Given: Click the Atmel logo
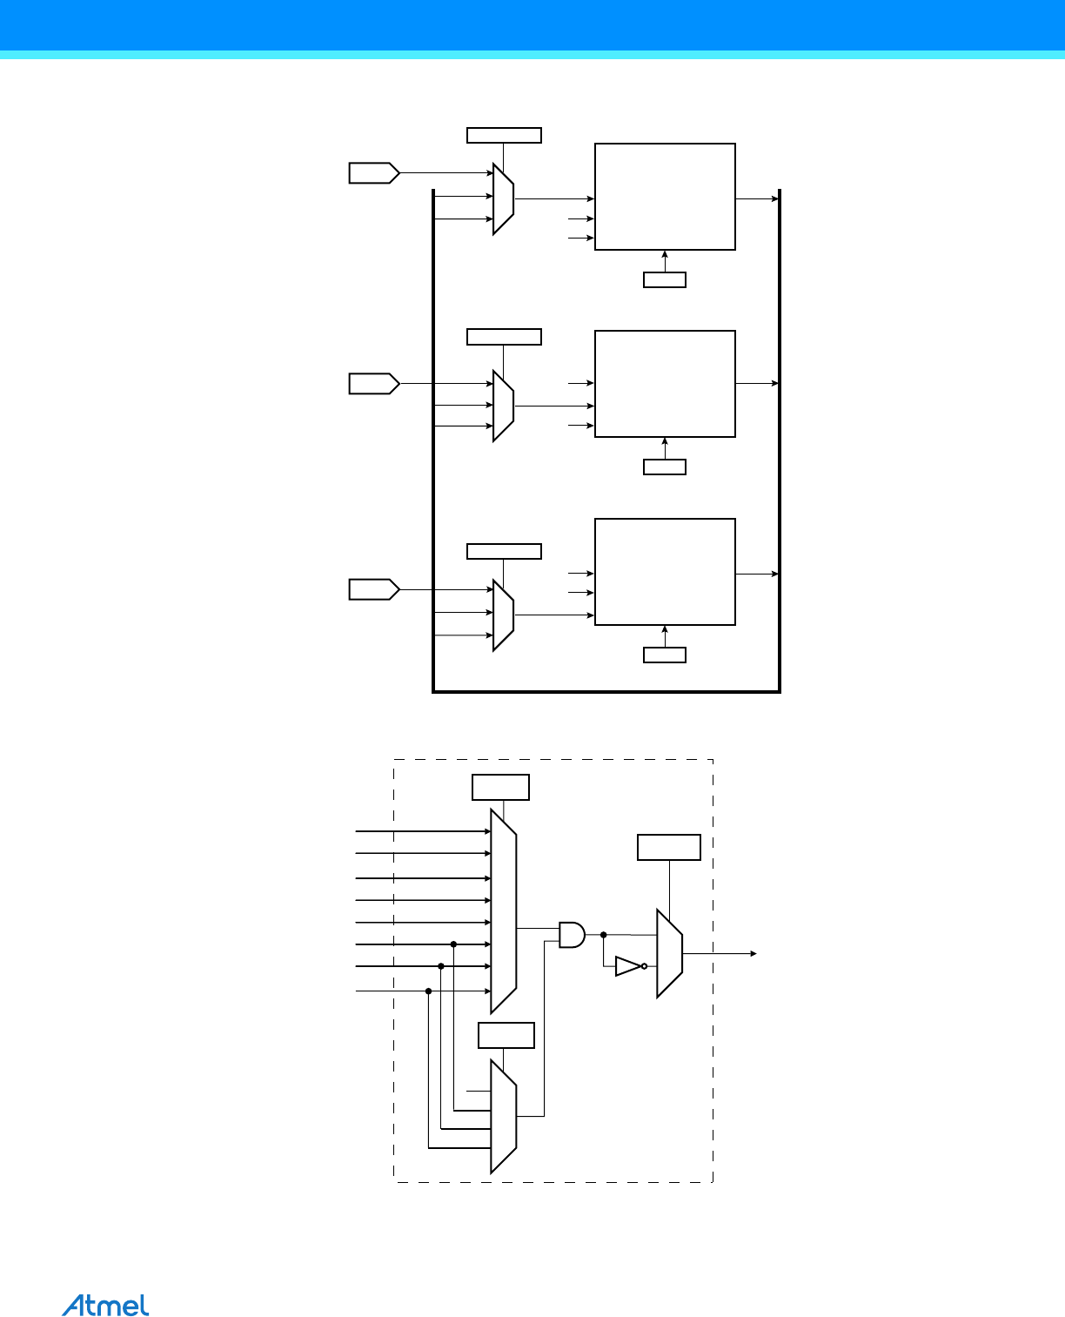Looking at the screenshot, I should coord(105,1306).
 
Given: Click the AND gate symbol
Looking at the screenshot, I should coord(572,934).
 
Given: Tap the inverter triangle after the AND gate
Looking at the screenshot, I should coord(628,966).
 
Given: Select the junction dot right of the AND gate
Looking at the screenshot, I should coord(604,935).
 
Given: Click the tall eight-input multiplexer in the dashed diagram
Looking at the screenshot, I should coord(504,911).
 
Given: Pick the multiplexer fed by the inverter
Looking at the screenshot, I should coord(669,954).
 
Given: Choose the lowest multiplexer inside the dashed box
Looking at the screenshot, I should coord(504,1116).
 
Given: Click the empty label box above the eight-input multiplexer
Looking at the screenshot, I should coord(500,787).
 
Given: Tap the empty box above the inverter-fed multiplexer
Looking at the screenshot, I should coord(669,847).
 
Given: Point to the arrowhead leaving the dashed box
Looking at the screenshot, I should coord(754,954).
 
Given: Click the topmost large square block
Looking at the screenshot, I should coord(665,197).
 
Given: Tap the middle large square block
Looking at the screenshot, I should coord(665,384).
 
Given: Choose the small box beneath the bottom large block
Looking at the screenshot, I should coord(665,655).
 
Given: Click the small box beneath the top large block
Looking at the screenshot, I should coord(665,280).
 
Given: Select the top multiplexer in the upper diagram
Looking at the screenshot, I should coord(503,198).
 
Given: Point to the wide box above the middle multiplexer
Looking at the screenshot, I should coord(504,337).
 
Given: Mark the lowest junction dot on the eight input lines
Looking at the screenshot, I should coord(428,991).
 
